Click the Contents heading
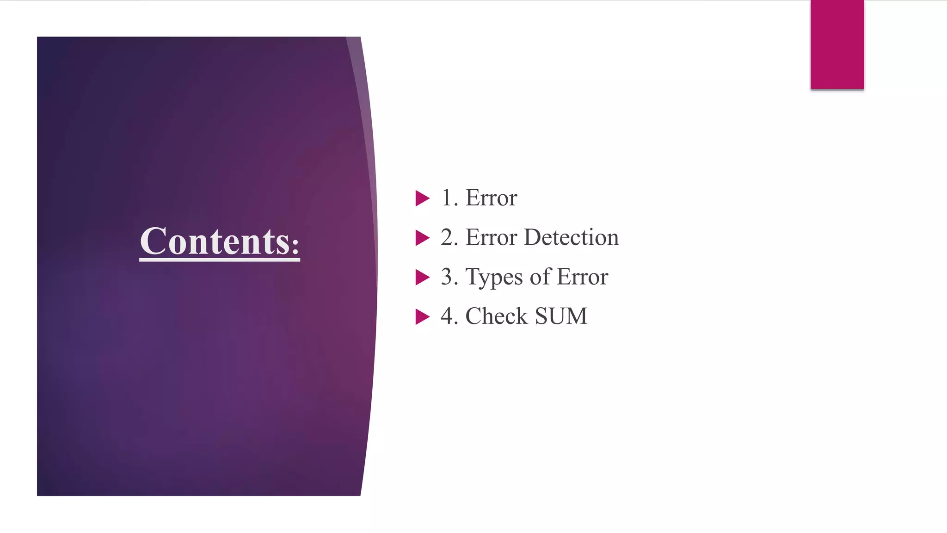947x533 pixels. [220, 241]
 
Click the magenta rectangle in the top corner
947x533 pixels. [837, 44]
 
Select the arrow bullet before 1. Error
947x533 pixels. [422, 198]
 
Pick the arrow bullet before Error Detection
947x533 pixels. [422, 238]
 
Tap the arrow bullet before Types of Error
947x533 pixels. [422, 277]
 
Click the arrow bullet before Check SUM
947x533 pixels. [422, 317]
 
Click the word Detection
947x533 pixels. [571, 237]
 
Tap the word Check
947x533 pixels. [496, 316]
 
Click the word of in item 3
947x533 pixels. [541, 277]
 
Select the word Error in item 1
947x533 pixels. [491, 198]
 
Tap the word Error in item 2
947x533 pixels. [491, 237]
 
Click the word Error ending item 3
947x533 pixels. [583, 277]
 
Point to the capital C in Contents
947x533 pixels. [154, 241]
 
